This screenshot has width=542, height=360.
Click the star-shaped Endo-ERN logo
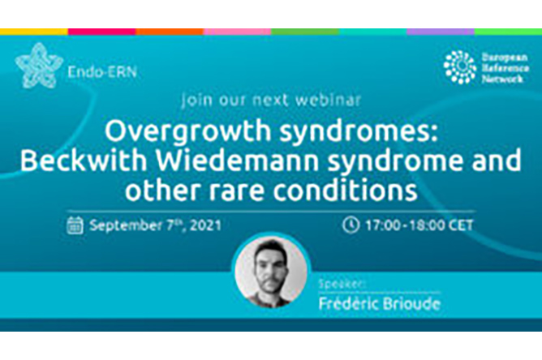click(39, 66)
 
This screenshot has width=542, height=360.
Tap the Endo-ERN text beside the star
click(102, 72)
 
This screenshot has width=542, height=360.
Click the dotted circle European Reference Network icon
click(459, 67)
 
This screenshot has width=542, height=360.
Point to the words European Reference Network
click(505, 68)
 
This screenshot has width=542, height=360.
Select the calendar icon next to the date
click(75, 225)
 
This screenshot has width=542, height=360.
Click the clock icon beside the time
click(351, 225)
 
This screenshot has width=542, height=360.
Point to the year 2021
click(205, 225)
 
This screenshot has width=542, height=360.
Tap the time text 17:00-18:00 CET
click(419, 225)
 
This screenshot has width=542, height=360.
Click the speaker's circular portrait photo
click(271, 271)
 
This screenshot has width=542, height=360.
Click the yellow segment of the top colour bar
click(34, 32)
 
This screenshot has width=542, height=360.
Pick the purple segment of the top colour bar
click(441, 32)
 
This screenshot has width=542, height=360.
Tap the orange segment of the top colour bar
click(170, 32)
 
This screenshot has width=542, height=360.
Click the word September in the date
click(126, 226)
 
